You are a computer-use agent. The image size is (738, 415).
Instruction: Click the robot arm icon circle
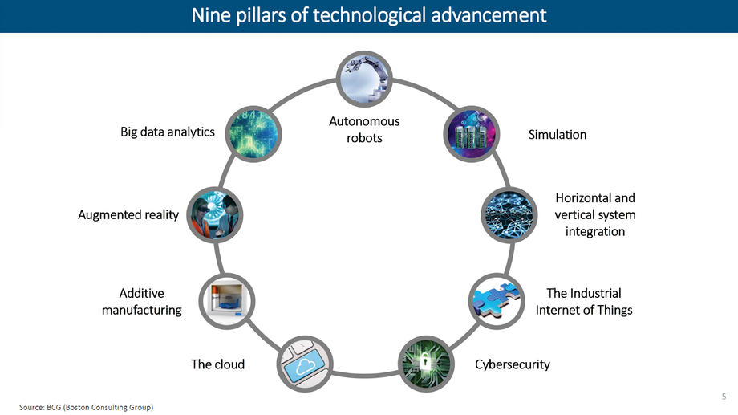pyautogui.click(x=364, y=79)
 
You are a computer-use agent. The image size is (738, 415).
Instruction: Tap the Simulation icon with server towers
pyautogui.click(x=471, y=134)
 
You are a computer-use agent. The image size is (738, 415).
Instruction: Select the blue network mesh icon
pyautogui.click(x=509, y=215)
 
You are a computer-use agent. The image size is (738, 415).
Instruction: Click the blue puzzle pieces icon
pyautogui.click(x=497, y=301)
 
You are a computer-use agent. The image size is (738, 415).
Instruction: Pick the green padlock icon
pyautogui.click(x=426, y=364)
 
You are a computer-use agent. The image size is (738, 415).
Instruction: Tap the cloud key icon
pyautogui.click(x=305, y=364)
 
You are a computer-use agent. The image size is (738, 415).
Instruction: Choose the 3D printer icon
pyautogui.click(x=227, y=301)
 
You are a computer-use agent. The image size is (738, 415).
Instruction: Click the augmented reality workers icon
pyautogui.click(x=215, y=215)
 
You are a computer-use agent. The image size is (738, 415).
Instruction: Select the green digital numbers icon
pyautogui.click(x=253, y=134)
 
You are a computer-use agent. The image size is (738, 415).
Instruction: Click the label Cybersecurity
pyautogui.click(x=513, y=364)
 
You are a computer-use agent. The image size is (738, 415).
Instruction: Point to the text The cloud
pyautogui.click(x=218, y=364)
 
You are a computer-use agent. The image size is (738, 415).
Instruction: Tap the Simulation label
pyautogui.click(x=558, y=135)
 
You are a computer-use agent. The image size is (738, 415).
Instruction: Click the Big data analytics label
pyautogui.click(x=168, y=132)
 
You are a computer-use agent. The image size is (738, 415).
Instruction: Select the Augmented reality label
pyautogui.click(x=128, y=215)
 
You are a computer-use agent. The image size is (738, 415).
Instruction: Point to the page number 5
pyautogui.click(x=724, y=397)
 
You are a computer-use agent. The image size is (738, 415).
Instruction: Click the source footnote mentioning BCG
pyautogui.click(x=86, y=407)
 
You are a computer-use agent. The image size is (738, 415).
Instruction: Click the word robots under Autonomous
pyautogui.click(x=364, y=138)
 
